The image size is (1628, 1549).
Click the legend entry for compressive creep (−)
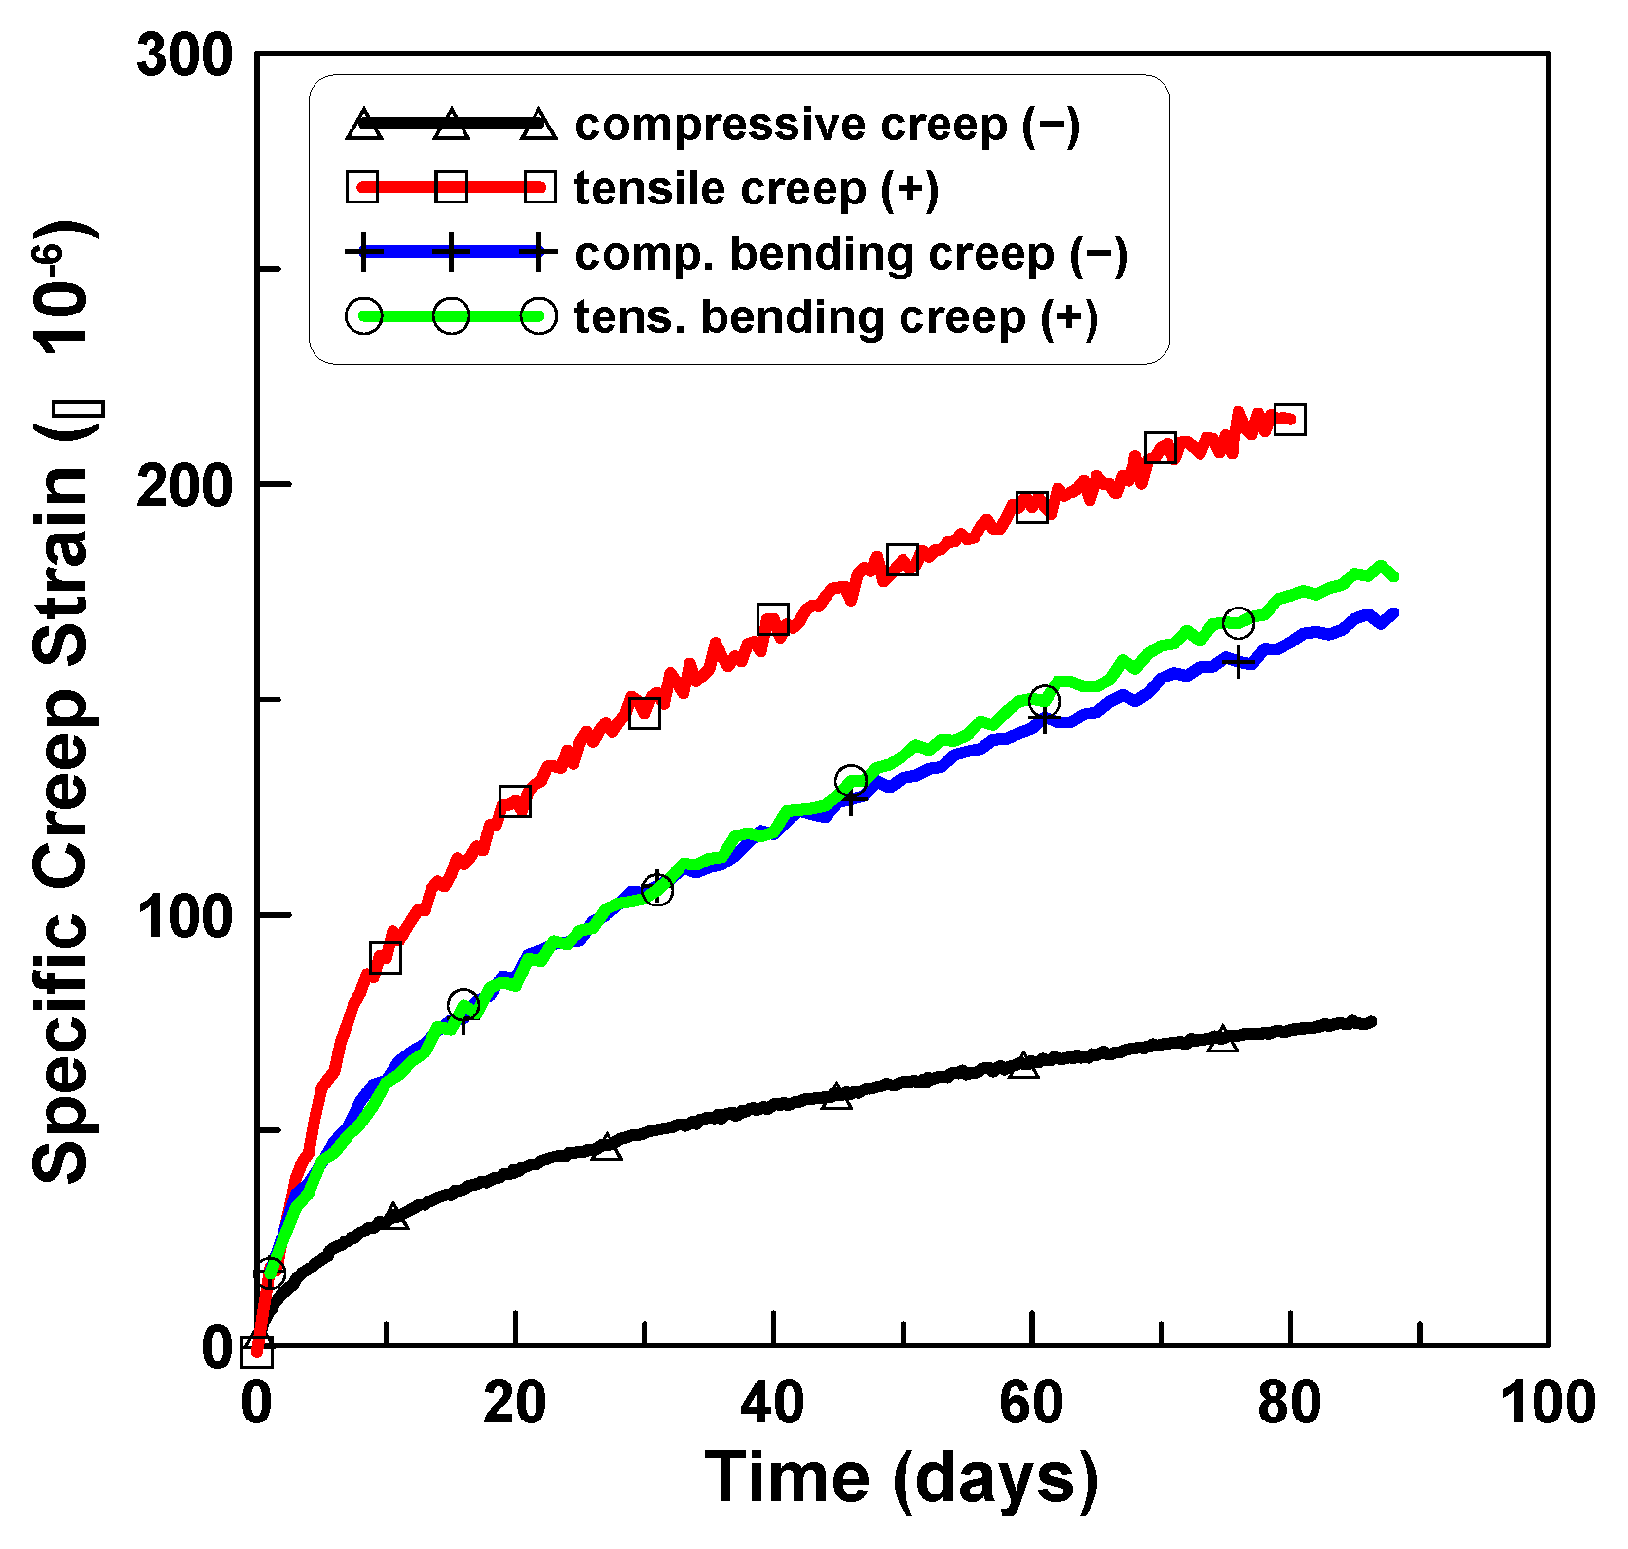827,126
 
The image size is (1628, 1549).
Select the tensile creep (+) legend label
756,189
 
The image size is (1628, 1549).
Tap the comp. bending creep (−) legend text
850,254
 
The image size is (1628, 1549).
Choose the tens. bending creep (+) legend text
835,317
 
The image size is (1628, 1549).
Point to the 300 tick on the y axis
185,55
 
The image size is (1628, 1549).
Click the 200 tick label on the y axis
185,485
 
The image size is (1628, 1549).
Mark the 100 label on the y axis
185,915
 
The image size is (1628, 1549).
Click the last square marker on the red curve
1289,420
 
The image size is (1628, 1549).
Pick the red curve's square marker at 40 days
773,618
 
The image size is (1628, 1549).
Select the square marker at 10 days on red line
386,958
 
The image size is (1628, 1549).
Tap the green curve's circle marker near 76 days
1238,621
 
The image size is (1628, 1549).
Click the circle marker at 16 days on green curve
463,1005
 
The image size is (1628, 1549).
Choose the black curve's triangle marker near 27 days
607,1147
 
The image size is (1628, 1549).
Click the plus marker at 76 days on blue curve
1238,663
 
